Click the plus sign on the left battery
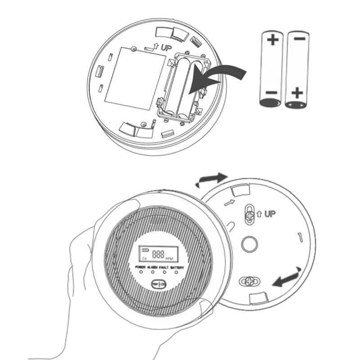(x=273, y=40)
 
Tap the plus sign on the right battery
(x=296, y=94)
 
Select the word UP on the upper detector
(x=164, y=47)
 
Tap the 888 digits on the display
(x=158, y=254)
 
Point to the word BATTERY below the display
(x=177, y=268)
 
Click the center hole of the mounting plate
(x=248, y=244)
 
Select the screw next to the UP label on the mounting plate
(x=248, y=214)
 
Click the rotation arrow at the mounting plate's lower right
(x=288, y=277)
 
